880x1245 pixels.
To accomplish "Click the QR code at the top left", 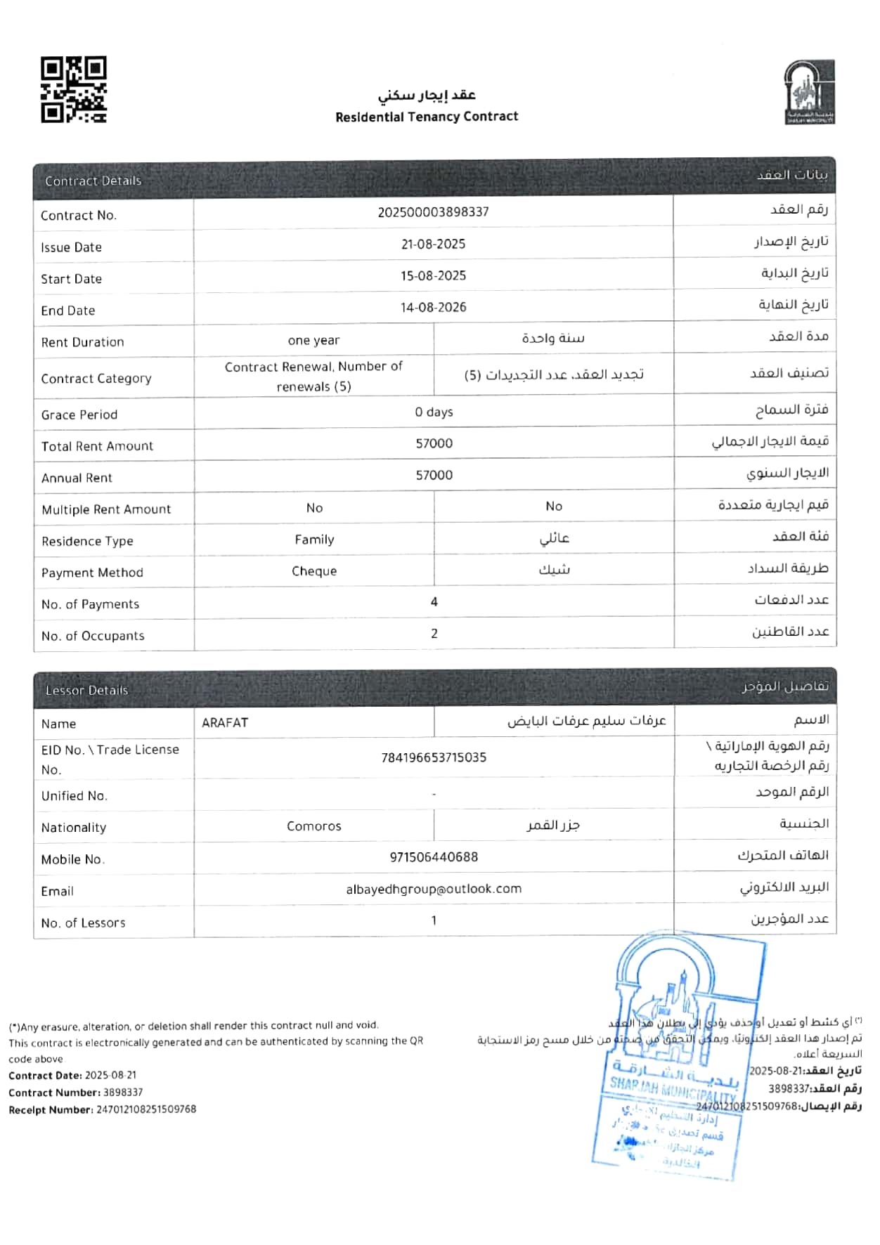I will coord(74,90).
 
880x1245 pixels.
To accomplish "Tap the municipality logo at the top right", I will coord(809,92).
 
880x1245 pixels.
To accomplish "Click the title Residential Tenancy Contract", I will coord(427,117).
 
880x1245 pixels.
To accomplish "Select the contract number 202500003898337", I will coord(433,212).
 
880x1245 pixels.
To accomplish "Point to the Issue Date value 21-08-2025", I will coord(433,245).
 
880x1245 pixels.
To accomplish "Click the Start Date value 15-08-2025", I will coord(433,276).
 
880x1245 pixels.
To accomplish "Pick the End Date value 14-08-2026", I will coord(433,308).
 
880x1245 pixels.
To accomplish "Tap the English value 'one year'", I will coord(313,341).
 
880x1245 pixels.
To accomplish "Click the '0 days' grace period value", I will coord(434,412).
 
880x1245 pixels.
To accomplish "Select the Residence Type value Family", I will coord(314,540).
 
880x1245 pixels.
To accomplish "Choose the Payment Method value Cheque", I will coord(314,571).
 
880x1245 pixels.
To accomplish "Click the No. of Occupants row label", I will coord(93,636).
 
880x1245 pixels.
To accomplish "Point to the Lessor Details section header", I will coord(87,691).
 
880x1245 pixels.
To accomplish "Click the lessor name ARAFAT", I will coord(225,723).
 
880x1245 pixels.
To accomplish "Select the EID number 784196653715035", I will coord(434,758).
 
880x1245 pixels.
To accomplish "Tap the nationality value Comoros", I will coord(314,826).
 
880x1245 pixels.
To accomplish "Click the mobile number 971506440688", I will coord(434,857).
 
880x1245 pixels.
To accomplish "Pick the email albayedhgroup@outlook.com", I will coord(434,889).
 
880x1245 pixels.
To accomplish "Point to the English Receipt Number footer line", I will coord(103,1110).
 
